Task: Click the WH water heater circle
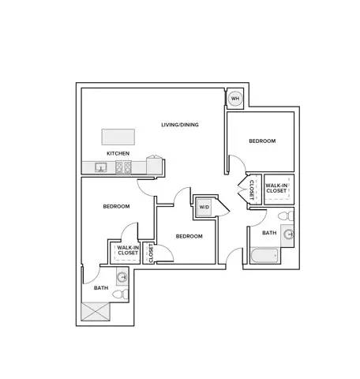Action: click(x=235, y=99)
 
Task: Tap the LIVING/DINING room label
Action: click(x=180, y=125)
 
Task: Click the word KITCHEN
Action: click(x=118, y=153)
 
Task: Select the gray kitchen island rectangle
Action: click(x=118, y=137)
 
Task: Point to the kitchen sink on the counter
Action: click(x=101, y=167)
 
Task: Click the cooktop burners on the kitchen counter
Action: click(x=123, y=167)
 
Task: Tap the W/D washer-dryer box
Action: click(x=204, y=208)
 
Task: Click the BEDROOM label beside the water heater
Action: click(x=262, y=141)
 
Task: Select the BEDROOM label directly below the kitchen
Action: click(x=116, y=206)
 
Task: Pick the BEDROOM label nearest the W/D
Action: click(x=189, y=236)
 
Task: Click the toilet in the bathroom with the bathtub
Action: click(x=286, y=216)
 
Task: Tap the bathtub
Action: click(x=264, y=255)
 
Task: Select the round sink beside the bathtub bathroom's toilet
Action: click(x=289, y=234)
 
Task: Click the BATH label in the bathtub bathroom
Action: click(x=269, y=233)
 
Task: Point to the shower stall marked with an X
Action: click(x=96, y=312)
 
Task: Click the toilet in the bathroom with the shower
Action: click(x=121, y=294)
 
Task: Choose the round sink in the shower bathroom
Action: click(x=122, y=277)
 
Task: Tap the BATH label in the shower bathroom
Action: click(x=101, y=288)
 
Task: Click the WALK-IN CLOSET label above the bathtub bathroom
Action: click(x=276, y=188)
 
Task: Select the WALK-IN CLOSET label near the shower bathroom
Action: click(x=128, y=250)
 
